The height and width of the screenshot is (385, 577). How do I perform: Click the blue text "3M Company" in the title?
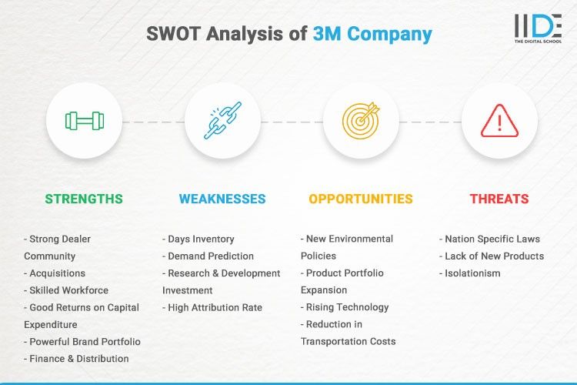pos(372,34)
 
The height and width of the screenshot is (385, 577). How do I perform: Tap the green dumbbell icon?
pos(84,121)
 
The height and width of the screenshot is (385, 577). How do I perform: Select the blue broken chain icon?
pos(222,121)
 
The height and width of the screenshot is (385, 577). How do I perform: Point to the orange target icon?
pos(361,121)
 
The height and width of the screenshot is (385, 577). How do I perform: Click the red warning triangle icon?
pos(499,121)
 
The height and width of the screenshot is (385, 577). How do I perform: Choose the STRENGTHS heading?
pos(84,199)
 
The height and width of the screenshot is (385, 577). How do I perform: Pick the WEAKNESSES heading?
pos(222,199)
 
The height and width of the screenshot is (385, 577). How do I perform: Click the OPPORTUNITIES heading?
pos(361,199)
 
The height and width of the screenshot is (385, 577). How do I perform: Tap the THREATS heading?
pos(499,199)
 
